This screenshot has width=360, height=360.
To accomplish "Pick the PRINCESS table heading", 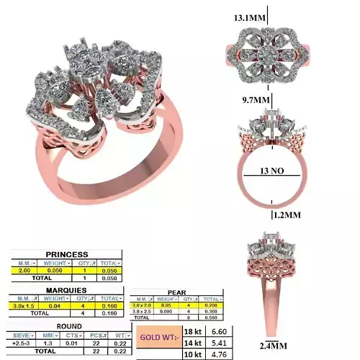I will [x=66, y=254].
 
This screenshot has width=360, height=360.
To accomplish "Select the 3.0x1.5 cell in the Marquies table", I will [x=25, y=306].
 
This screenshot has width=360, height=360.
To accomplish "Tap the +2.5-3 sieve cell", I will [x=20, y=343].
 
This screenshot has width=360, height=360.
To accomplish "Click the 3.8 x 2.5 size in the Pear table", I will [x=143, y=310].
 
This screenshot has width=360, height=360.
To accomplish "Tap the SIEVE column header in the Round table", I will [x=19, y=335].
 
